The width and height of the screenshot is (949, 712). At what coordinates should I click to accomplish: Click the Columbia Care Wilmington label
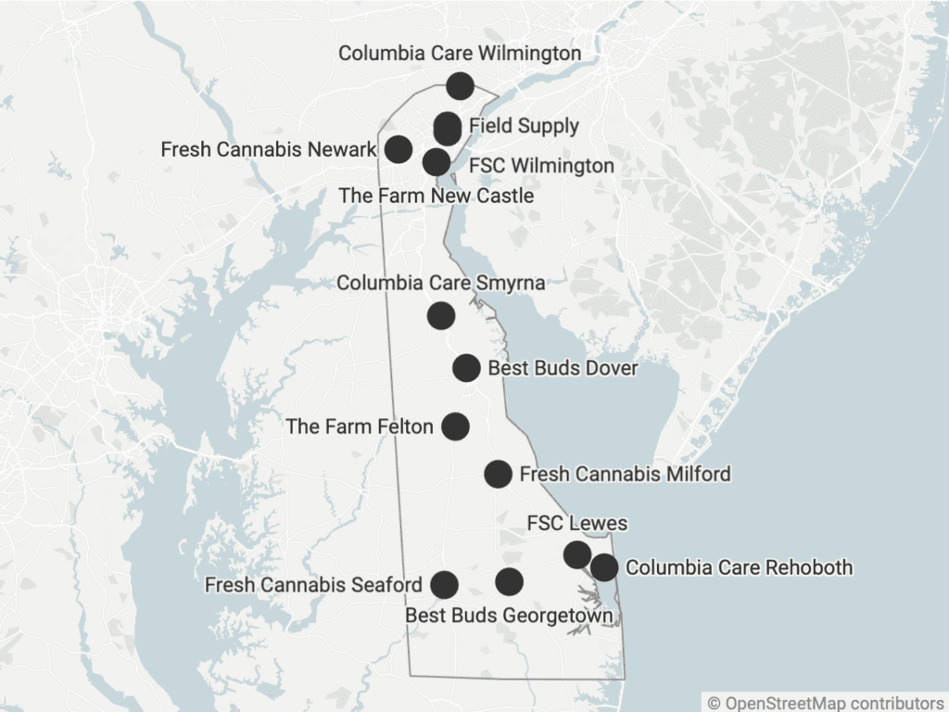point(460,54)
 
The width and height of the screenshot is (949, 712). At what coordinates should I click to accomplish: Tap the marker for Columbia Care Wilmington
point(460,86)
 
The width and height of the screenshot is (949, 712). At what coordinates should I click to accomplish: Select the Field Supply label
point(524,126)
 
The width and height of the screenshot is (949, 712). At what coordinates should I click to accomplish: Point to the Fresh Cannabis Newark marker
point(399,148)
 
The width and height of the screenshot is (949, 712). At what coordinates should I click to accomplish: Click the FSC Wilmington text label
point(541,166)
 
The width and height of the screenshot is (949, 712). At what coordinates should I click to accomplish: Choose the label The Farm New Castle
point(436,196)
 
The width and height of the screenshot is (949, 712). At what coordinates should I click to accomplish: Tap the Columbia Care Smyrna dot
point(441,315)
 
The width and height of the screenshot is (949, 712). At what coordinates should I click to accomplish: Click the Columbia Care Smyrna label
point(440,283)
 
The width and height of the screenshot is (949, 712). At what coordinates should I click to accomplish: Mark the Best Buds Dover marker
point(466,368)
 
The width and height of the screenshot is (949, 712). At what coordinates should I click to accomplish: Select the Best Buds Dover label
point(563,368)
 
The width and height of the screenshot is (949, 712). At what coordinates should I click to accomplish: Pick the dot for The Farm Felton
point(455,426)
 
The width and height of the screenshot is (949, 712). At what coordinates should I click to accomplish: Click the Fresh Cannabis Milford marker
point(498,474)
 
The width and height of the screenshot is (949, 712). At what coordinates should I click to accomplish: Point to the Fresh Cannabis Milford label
point(625,475)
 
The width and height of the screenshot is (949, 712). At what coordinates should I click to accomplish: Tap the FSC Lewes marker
point(577,554)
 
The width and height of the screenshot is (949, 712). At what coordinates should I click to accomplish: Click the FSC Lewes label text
point(576,523)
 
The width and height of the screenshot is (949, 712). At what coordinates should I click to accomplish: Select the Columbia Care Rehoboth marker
point(604,566)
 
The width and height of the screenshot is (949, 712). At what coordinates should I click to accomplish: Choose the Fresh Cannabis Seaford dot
point(444,584)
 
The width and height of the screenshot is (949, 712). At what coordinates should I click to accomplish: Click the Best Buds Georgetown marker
point(509,581)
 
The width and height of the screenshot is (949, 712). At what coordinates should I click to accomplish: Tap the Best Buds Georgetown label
point(509,616)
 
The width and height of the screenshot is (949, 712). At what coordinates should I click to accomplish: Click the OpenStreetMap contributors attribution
point(825,703)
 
